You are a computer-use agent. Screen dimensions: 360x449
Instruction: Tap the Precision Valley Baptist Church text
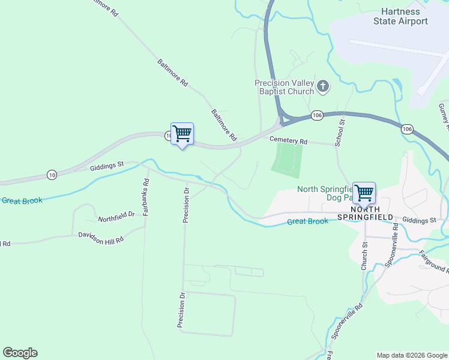coord(285,87)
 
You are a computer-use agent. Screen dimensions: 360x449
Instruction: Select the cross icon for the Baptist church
coord(323,87)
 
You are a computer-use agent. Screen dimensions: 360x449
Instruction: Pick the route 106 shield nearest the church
coord(318,115)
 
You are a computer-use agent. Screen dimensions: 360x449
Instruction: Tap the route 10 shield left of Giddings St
coord(52,175)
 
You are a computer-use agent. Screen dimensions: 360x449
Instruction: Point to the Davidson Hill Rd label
coord(101,237)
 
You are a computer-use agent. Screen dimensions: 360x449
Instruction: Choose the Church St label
coord(364,256)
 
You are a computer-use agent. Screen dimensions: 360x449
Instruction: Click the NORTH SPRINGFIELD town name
coord(364,212)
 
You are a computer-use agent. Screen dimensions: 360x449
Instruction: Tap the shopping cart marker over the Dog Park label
coord(364,193)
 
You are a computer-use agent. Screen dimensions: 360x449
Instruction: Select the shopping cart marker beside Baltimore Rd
coord(182,134)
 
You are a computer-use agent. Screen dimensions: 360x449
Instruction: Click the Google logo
coord(20,353)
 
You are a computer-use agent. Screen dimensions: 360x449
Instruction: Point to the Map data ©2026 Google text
coord(411,355)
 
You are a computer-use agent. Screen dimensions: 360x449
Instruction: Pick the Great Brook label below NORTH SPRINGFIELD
coord(308,221)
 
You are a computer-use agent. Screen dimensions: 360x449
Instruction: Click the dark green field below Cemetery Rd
coord(286,160)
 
